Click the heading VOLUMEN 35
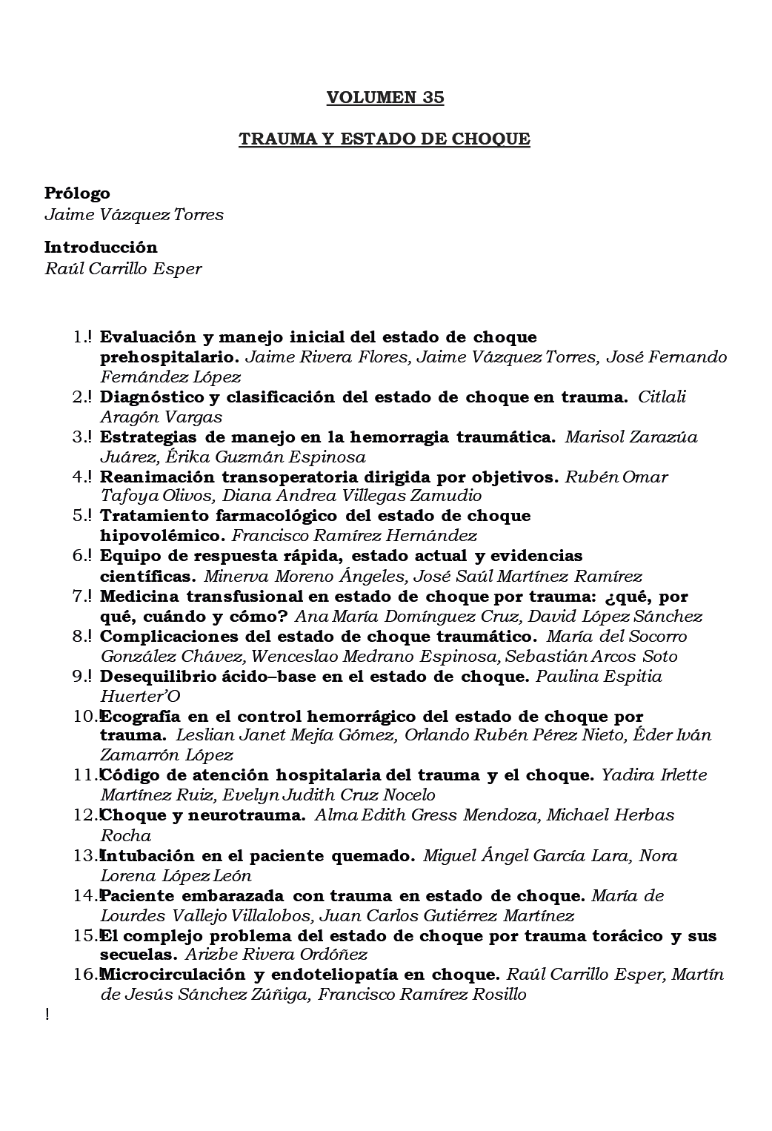click(385, 98)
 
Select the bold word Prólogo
click(77, 193)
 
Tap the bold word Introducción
click(101, 247)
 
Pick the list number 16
click(84, 974)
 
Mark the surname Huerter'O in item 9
click(140, 696)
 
